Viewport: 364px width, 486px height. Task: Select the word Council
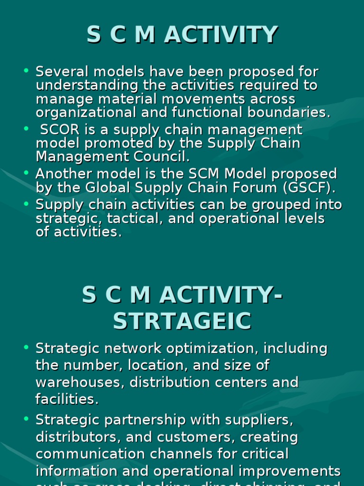click(x=164, y=157)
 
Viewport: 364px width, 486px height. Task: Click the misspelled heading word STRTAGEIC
click(x=182, y=321)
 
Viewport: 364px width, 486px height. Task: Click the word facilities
click(x=66, y=400)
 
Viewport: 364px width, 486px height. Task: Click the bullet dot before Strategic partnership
click(x=27, y=419)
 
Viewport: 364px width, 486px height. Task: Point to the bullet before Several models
click(x=27, y=71)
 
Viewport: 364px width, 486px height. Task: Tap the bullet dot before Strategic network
click(x=27, y=348)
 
